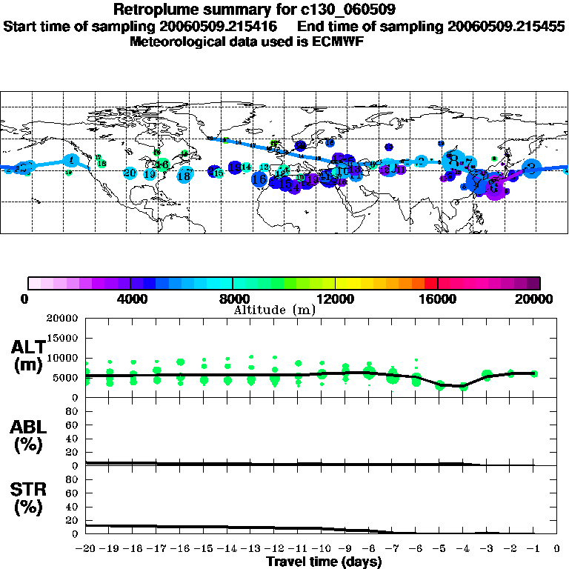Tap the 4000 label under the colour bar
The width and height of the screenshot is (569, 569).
130,299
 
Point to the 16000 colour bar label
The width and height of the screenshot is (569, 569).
438,299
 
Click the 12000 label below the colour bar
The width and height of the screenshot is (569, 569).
336,299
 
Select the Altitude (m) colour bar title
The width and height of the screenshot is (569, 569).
274,310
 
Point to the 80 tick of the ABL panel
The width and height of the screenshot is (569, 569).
73,411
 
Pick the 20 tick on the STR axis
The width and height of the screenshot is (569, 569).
73,519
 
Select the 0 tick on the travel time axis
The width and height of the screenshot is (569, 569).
557,549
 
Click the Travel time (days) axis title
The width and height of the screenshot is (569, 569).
324,562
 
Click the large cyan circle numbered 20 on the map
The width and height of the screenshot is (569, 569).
130,173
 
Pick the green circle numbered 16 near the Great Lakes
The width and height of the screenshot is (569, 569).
162,164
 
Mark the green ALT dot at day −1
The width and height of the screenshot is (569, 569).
533,373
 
